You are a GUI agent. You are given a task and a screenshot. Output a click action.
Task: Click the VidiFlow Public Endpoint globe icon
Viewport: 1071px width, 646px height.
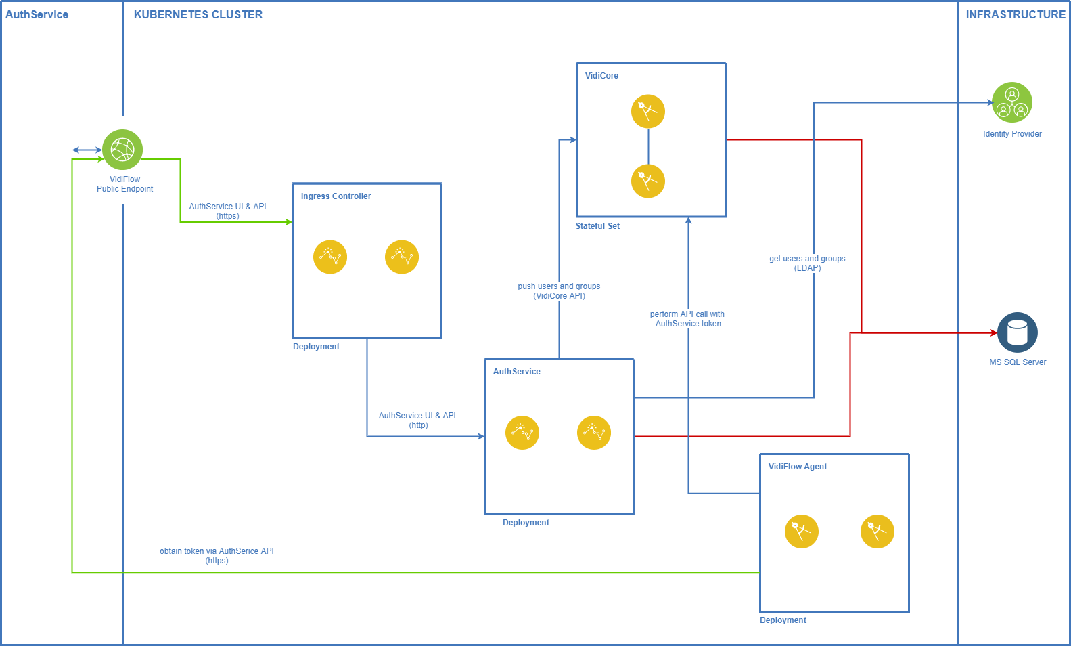pos(122,150)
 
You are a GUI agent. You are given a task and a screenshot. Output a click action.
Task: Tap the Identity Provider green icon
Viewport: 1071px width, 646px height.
pos(1011,102)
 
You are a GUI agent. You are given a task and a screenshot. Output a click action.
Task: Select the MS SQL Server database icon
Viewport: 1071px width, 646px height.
pos(1017,332)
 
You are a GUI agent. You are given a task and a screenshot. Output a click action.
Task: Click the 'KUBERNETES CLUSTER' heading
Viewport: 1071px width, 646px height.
pos(198,14)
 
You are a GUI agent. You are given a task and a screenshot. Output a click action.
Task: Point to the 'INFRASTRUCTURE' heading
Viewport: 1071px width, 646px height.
pos(1015,14)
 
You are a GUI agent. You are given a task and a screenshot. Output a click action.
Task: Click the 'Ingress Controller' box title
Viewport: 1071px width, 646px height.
pos(336,196)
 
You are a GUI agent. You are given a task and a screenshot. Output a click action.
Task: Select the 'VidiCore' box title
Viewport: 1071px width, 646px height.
pos(601,76)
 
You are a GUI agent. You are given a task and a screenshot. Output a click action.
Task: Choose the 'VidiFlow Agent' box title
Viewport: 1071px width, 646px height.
pos(797,467)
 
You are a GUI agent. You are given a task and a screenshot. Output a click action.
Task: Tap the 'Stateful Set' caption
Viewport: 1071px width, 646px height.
pos(597,226)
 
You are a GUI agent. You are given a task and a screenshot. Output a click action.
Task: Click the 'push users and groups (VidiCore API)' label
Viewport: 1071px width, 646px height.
pos(559,291)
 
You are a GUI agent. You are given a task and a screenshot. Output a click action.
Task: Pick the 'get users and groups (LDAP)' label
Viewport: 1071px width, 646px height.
pos(807,263)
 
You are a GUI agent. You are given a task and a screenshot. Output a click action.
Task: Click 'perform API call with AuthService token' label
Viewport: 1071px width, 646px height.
pos(687,319)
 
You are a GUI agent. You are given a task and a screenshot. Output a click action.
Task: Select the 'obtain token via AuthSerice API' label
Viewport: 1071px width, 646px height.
pos(217,556)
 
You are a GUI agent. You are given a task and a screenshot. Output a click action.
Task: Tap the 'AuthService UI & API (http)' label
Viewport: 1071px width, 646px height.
pos(417,421)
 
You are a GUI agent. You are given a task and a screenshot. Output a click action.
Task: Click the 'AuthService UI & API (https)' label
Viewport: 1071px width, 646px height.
pos(227,211)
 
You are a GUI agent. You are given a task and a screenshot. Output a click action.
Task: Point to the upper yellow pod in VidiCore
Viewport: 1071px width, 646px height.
pos(647,111)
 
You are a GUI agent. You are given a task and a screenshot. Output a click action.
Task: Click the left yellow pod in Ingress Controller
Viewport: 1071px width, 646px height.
pos(330,257)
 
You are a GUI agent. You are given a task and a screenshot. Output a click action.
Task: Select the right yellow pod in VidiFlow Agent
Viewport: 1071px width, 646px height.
pos(877,532)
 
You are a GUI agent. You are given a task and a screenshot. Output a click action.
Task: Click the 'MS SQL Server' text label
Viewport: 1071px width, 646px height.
pos(1018,362)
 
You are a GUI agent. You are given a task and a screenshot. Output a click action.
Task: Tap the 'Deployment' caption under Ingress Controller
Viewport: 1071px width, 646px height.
pos(316,347)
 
